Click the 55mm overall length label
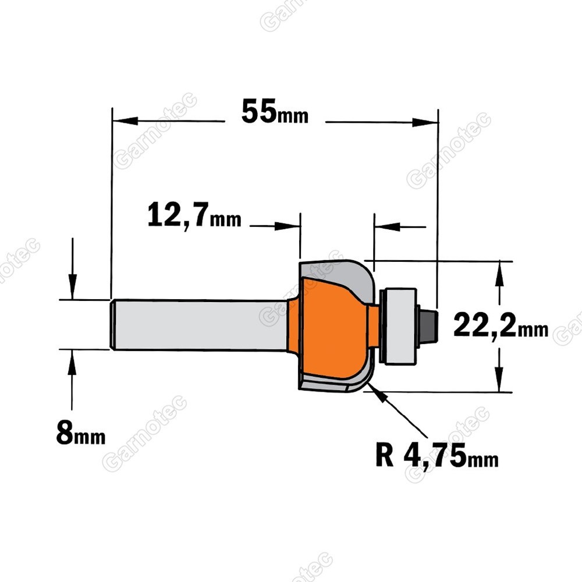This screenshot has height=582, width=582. (275, 111)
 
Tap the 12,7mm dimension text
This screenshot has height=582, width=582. (194, 215)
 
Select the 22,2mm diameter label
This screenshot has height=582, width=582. (501, 325)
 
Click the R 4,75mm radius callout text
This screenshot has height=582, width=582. (437, 456)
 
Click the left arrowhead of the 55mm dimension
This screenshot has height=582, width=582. (125, 121)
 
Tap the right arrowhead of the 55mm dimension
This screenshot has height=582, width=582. (425, 122)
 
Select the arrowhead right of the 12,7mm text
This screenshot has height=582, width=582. (288, 226)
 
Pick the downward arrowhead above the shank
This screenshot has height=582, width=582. (72, 286)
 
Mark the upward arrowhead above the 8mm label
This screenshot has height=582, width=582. (72, 363)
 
